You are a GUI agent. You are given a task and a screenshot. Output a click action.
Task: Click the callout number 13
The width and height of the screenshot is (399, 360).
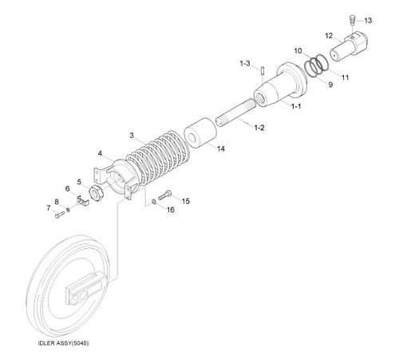coord(368,20)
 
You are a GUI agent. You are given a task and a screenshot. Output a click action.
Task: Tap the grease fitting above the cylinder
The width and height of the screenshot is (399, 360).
coord(352,19)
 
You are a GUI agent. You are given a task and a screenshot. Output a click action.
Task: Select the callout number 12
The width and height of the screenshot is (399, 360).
coord(329,35)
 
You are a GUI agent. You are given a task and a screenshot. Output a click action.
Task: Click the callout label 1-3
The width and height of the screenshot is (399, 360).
coord(245,63)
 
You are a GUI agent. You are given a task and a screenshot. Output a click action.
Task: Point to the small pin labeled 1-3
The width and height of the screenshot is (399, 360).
coord(262,71)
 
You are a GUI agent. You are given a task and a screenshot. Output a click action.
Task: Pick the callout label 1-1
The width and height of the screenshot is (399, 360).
coord(296,106)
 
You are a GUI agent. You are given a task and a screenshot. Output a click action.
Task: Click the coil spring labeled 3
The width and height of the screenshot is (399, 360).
coord(157,158)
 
